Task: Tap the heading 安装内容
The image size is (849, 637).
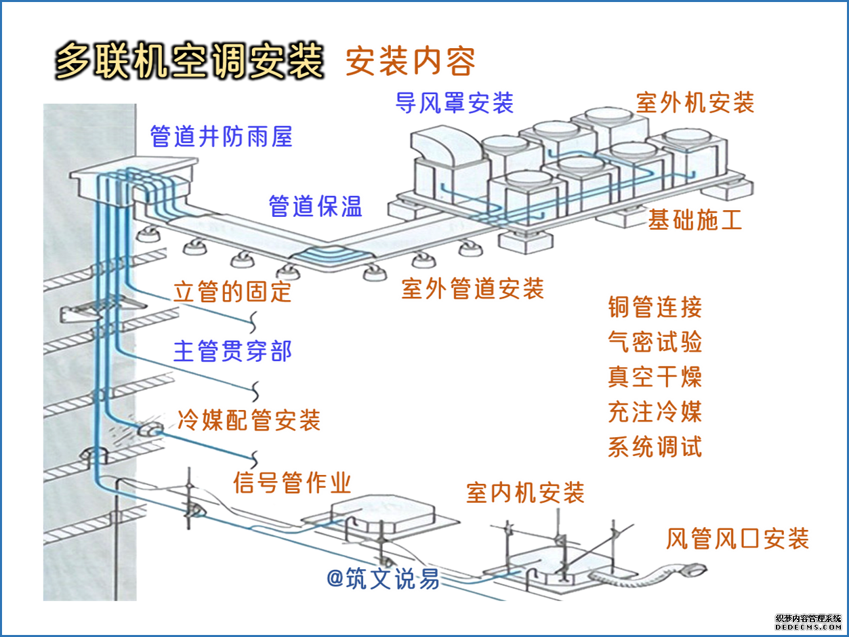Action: (x=410, y=62)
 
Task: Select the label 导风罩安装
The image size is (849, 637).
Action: (x=455, y=103)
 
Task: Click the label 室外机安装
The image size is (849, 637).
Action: (x=695, y=103)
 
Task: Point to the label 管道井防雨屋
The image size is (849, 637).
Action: (x=221, y=137)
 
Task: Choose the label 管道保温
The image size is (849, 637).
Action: (x=316, y=206)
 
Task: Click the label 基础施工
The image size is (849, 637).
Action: (x=695, y=220)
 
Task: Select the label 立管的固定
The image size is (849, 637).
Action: (x=232, y=291)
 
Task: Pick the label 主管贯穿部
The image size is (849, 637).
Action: (x=232, y=352)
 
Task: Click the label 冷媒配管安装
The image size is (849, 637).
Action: (x=248, y=420)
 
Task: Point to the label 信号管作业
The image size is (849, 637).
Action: (x=292, y=483)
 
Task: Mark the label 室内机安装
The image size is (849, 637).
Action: (x=525, y=493)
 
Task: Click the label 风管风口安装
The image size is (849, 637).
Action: (x=737, y=539)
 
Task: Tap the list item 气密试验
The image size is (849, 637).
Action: (x=655, y=342)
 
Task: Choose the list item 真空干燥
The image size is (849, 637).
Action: (x=655, y=377)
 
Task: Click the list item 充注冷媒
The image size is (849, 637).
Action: (x=655, y=412)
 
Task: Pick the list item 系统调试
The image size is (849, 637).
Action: (x=655, y=447)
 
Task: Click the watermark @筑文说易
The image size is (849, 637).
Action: (x=383, y=579)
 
